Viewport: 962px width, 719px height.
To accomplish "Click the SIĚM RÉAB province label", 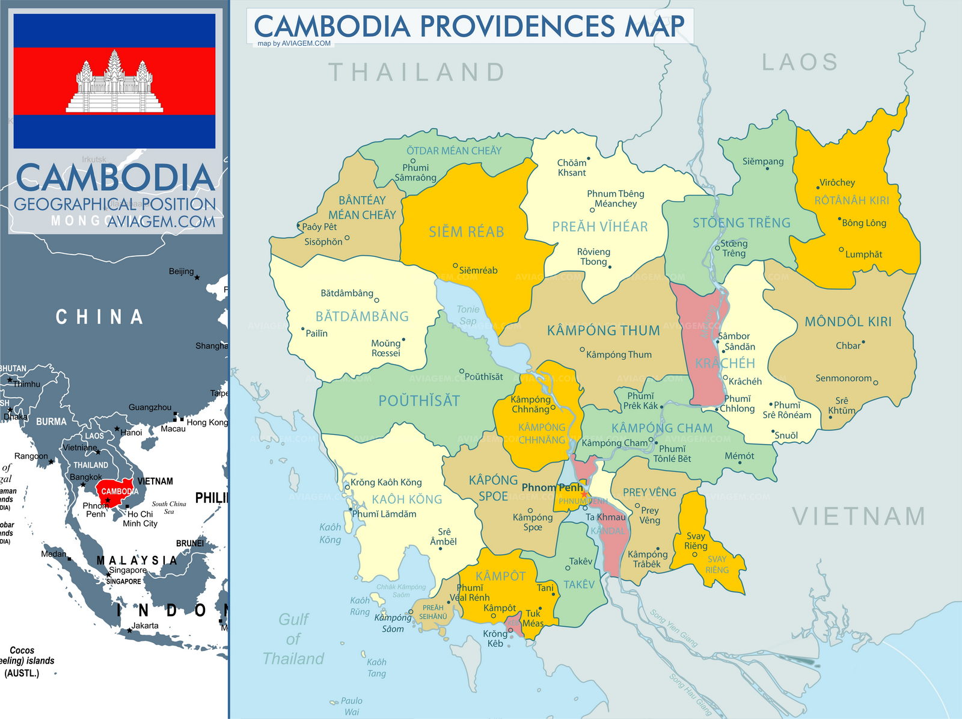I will point(466,232).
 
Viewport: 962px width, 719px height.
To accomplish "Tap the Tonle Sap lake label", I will point(468,315).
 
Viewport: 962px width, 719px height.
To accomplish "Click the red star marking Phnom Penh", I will point(583,494).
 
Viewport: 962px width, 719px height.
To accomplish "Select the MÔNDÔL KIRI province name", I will point(848,322).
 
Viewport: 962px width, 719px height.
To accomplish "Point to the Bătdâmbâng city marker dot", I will point(377,300).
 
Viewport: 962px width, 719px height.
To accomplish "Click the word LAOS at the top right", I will point(800,63).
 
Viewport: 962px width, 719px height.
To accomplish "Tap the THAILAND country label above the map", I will point(417,73).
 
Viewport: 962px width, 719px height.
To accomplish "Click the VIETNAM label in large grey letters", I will point(859,517).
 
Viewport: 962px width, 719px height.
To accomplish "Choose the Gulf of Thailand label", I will point(293,639).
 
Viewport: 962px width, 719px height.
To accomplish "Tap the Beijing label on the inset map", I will point(181,271).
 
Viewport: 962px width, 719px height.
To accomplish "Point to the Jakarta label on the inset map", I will point(145,626).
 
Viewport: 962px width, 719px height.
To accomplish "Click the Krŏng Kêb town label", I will point(495,638).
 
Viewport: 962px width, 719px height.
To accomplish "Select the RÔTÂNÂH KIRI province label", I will point(851,200).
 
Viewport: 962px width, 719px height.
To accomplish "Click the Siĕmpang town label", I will point(762,161).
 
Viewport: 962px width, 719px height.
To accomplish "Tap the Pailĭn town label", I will point(316,333).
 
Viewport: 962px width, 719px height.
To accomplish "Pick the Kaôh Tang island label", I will point(376,668).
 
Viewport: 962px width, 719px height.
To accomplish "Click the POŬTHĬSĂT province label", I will point(418,401).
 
